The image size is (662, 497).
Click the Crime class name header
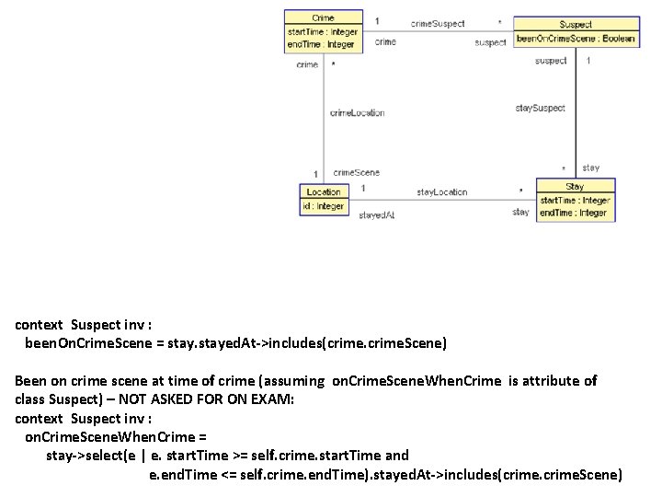323,17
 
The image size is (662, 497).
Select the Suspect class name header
576,24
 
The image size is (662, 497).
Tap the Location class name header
323,191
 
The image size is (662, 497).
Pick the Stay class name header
574,186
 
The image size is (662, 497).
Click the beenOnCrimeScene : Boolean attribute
576,39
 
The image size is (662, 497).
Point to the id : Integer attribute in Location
323,206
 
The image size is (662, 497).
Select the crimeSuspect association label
437,23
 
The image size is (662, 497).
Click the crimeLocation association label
357,112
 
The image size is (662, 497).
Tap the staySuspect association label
540,108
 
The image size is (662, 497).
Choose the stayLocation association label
441,191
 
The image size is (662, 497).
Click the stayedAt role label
376,214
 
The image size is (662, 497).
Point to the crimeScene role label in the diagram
356,172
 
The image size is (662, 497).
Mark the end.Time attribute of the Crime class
320,44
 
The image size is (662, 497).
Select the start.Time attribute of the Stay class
574,200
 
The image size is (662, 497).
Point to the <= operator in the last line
248,475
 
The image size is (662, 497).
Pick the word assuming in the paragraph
291,381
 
